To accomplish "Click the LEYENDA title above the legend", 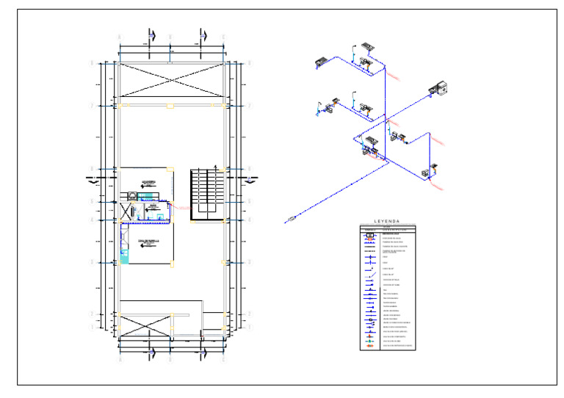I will (x=387, y=220).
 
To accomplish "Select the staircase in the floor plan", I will (x=206, y=193).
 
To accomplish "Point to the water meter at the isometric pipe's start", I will (x=292, y=219).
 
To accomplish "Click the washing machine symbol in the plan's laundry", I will (x=131, y=196).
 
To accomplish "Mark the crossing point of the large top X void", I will (x=170, y=80).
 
